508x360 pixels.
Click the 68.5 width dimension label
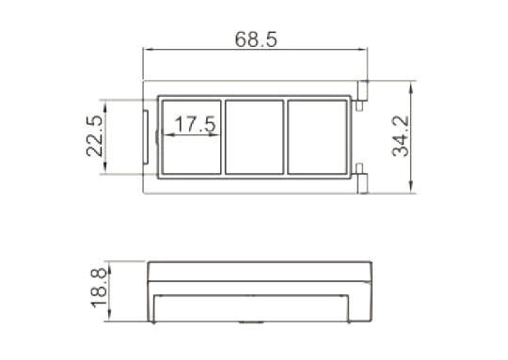click(x=256, y=39)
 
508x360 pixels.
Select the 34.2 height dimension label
click(x=401, y=136)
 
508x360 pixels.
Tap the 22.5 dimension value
click(x=94, y=136)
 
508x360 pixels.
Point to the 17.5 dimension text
click(x=195, y=124)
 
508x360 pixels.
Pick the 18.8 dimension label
click(x=99, y=289)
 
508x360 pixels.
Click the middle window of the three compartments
click(x=254, y=137)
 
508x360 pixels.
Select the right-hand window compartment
click(x=317, y=137)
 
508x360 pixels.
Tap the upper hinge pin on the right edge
click(x=362, y=96)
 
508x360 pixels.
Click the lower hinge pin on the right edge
click(x=362, y=179)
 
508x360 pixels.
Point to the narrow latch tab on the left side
click(x=146, y=137)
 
